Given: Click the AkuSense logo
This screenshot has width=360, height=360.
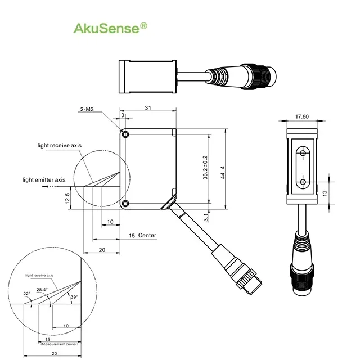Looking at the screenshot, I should tap(111, 28).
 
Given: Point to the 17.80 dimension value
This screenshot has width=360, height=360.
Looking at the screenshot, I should tap(302, 117).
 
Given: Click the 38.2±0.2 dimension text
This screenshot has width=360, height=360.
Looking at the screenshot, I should tap(205, 169).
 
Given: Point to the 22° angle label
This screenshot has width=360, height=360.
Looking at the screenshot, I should tap(27, 294).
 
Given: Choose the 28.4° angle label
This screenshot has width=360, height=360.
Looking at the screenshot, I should tap(42, 289).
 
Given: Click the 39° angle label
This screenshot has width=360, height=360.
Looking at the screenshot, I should tap(73, 296).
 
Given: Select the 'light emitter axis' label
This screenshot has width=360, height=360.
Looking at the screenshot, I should tap(44, 180).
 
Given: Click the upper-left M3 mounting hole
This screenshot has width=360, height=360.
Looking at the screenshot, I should tap(125, 134).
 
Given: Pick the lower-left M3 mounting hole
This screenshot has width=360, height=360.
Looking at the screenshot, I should tap(125, 203).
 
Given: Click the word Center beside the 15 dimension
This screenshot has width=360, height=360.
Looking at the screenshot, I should tap(147, 235).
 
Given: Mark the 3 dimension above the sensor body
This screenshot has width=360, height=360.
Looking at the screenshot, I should tap(123, 115).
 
